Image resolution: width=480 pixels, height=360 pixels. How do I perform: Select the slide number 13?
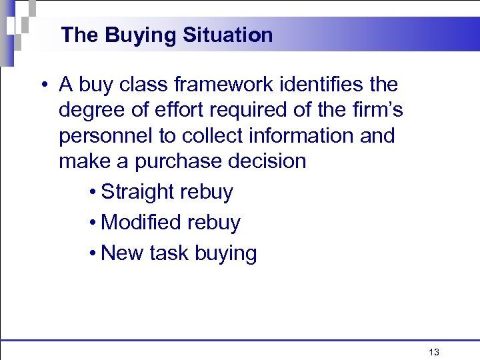click(x=434, y=352)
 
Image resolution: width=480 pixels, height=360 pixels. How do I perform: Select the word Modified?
click(x=139, y=222)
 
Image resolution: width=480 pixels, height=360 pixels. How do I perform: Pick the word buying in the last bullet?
click(x=226, y=254)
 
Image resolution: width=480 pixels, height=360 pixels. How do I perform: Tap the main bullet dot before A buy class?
click(x=43, y=85)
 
